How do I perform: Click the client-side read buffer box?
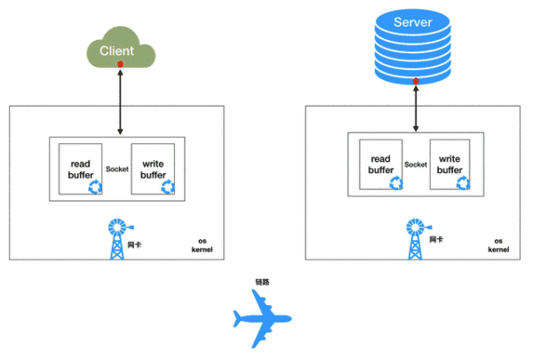coord(80,169)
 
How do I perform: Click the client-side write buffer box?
coord(154,169)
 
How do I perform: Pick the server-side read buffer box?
coord(380,164)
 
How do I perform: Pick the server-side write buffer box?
coord(449,164)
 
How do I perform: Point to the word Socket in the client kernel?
coord(117,169)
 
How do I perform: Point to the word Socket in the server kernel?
coord(415,164)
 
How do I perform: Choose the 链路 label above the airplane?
coord(261,282)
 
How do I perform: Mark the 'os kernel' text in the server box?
coord(498,245)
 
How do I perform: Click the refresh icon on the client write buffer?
coord(168,187)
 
